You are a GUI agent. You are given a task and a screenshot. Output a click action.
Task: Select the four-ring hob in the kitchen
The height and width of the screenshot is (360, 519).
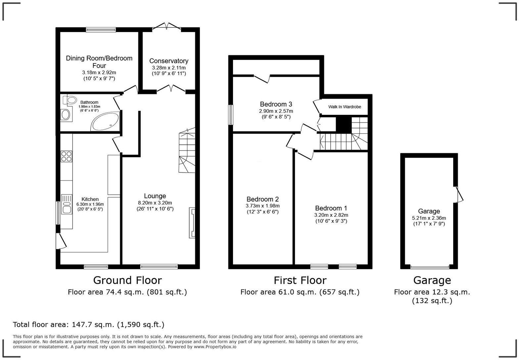(x=66, y=156)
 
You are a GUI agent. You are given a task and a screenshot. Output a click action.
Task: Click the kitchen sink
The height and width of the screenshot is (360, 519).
(x=66, y=205)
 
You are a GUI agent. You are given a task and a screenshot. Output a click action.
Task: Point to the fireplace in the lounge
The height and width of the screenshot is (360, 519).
(x=192, y=222)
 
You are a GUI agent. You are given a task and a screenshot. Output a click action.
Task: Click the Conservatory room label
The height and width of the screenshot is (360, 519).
(x=168, y=61)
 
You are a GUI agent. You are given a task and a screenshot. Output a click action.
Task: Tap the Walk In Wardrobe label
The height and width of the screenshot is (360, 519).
(x=345, y=107)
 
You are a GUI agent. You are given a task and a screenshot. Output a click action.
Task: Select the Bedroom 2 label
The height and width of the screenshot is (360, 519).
(x=262, y=199)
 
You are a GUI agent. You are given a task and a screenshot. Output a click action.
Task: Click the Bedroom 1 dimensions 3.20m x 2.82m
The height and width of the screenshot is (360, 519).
(x=331, y=215)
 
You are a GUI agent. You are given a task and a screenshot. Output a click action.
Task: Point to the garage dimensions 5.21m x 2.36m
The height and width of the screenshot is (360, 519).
(x=429, y=218)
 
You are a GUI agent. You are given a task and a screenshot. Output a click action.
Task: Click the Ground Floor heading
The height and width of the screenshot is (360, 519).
(x=127, y=280)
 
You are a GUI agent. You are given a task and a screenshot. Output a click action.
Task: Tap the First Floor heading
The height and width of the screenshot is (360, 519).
(x=300, y=280)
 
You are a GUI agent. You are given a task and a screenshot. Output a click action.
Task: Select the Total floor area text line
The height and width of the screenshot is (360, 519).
(x=88, y=325)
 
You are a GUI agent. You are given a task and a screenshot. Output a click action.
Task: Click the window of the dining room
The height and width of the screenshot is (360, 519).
(x=101, y=30)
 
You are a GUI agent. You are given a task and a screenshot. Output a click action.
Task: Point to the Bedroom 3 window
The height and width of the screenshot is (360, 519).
(x=231, y=115)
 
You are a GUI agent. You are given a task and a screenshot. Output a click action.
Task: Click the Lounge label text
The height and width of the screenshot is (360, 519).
(x=155, y=196)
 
